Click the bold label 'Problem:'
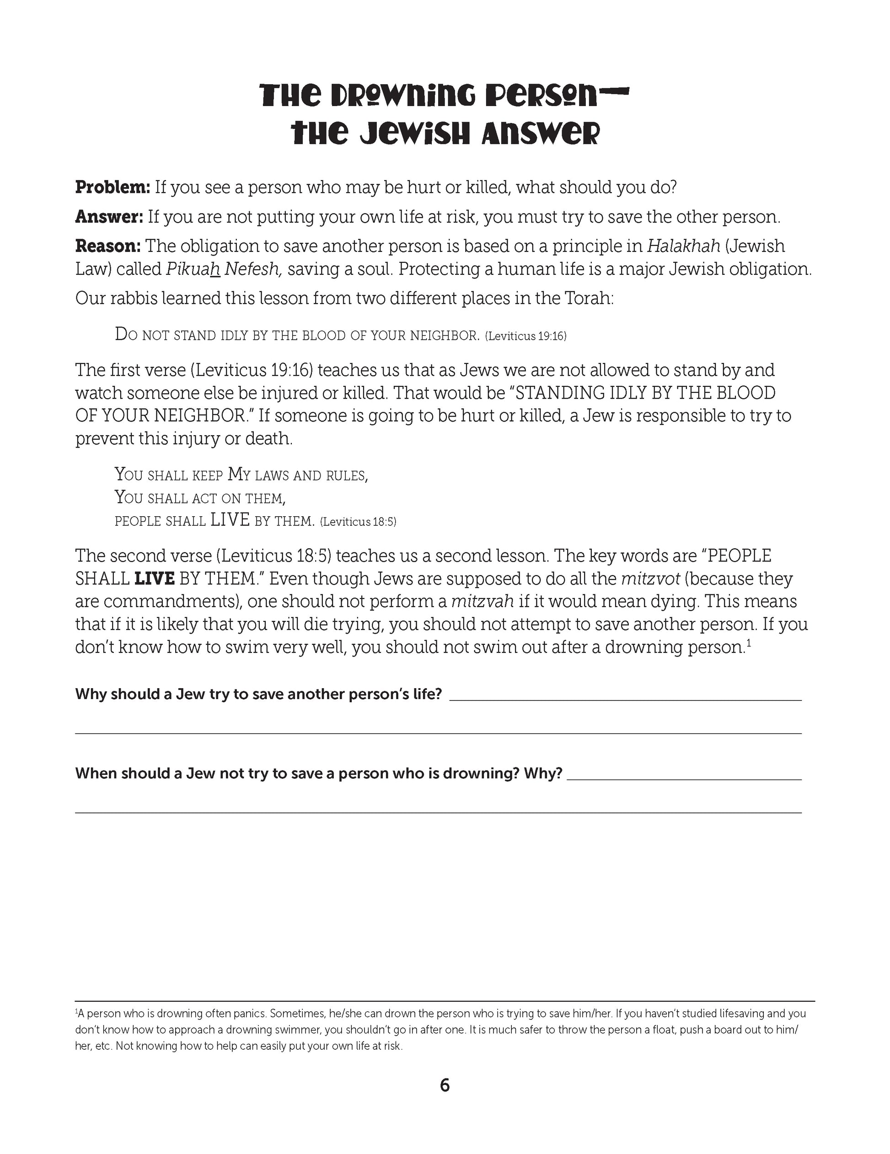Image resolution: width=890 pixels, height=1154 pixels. click(113, 187)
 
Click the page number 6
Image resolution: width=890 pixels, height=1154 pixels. click(445, 1085)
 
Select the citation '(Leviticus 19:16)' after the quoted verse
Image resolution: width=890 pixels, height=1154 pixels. click(525, 336)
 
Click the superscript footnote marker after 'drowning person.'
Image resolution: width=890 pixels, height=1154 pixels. click(749, 642)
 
